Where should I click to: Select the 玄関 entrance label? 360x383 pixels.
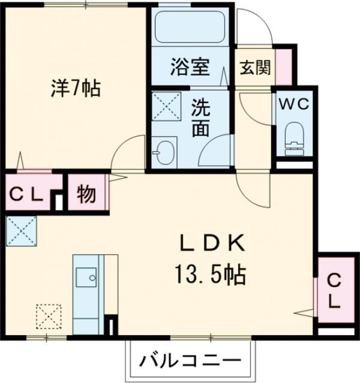(255, 67)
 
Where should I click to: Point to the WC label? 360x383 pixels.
(293, 103)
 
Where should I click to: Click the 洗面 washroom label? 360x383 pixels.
(200, 118)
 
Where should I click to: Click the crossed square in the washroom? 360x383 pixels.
(165, 108)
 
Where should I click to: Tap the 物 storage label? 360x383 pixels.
(88, 193)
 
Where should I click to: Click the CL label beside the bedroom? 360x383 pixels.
(26, 194)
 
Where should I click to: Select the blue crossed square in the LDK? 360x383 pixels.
(22, 231)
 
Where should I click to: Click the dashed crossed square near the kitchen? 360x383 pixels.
(49, 316)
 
